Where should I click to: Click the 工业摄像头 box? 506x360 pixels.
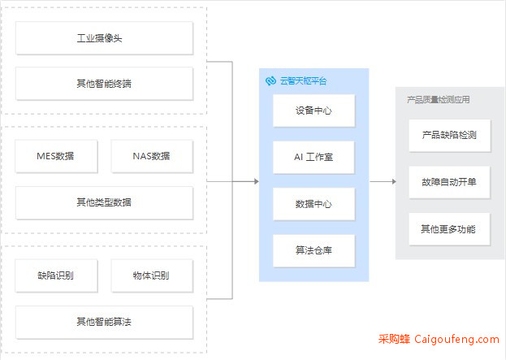(104, 38)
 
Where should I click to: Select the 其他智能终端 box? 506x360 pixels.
(104, 84)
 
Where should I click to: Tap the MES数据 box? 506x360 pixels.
(56, 156)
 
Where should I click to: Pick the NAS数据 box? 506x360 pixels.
(152, 156)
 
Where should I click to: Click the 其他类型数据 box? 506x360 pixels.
(104, 203)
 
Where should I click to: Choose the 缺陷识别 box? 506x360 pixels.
(56, 275)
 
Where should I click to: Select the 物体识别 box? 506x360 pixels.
(152, 275)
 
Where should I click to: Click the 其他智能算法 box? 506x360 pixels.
(104, 323)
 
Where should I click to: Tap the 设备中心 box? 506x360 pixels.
(314, 111)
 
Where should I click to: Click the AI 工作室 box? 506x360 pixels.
(314, 157)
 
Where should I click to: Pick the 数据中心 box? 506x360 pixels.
(314, 204)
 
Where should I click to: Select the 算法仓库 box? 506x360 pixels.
(314, 250)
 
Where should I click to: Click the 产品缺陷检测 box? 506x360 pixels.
(449, 135)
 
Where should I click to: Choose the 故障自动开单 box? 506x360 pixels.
(449, 182)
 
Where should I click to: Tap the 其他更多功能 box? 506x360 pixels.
(449, 229)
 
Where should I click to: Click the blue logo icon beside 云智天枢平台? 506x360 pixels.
(270, 80)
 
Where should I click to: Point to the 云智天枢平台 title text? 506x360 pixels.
(303, 80)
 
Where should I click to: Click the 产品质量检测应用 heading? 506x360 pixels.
(439, 99)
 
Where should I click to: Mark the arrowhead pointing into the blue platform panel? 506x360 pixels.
(257, 181)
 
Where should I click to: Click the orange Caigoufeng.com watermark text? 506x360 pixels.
(456, 340)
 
